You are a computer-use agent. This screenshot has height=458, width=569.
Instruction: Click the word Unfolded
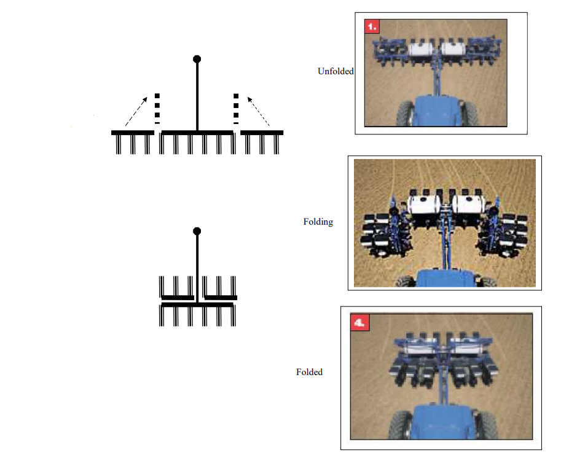click(x=336, y=71)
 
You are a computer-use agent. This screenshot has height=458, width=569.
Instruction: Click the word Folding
click(x=318, y=222)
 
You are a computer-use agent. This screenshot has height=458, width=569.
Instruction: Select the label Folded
click(x=309, y=372)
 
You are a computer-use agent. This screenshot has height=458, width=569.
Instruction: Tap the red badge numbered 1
click(x=372, y=27)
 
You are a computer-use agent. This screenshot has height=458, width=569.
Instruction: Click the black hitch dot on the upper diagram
click(x=197, y=59)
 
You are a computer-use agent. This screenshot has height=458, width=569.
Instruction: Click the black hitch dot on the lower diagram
click(x=197, y=231)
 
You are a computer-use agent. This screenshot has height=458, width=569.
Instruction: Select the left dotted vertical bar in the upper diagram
click(x=157, y=109)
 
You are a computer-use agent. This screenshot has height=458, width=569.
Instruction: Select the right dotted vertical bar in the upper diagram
click(x=236, y=109)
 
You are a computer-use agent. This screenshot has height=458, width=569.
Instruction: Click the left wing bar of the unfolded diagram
click(x=133, y=133)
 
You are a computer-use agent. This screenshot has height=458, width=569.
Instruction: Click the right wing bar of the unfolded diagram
click(x=262, y=133)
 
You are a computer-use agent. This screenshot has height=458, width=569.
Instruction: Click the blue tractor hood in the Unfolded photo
click(x=436, y=111)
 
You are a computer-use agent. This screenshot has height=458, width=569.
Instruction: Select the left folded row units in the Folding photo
click(x=380, y=233)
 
